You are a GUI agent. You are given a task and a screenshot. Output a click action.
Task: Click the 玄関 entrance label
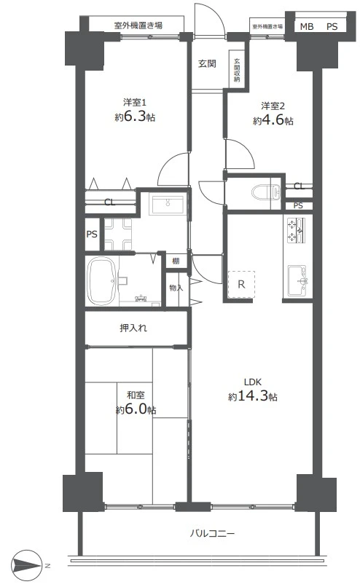207,63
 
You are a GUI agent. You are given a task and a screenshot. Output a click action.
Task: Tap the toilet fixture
265,192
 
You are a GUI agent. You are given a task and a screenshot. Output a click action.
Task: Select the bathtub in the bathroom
101,281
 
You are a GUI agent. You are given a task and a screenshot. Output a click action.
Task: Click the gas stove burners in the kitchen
296,231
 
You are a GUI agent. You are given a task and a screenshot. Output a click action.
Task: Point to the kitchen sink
297,280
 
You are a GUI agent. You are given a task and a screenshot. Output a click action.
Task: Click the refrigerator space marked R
241,285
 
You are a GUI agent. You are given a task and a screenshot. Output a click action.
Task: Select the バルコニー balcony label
212,532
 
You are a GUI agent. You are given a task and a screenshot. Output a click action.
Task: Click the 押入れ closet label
133,328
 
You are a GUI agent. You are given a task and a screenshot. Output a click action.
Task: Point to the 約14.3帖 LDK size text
253,396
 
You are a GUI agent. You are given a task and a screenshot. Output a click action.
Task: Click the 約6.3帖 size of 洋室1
135,117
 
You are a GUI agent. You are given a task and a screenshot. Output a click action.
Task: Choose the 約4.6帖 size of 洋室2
273,121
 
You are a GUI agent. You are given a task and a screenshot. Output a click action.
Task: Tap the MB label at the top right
307,26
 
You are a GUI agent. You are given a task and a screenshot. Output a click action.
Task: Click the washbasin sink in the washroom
167,204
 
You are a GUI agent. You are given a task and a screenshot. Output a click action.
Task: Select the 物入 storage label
176,288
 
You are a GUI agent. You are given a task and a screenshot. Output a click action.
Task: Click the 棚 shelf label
176,261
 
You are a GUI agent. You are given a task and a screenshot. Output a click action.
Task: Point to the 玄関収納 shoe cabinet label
237,71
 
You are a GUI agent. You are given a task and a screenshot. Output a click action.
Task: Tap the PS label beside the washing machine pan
92,235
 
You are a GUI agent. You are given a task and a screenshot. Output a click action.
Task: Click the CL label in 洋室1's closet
109,202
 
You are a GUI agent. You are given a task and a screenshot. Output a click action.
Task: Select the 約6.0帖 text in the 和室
136,409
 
